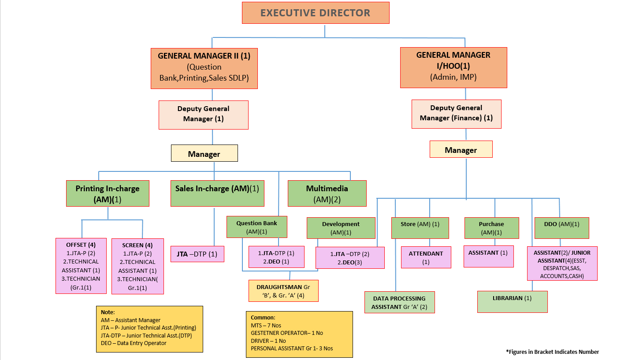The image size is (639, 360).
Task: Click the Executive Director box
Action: [316, 13]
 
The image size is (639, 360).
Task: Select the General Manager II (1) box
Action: [204, 68]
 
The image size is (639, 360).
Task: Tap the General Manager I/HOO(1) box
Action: [453, 67]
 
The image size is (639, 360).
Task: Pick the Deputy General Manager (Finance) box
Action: [456, 114]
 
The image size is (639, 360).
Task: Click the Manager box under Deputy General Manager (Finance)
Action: [461, 150]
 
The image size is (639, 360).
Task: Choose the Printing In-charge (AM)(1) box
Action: [108, 193]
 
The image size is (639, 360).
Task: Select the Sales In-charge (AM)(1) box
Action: [217, 193]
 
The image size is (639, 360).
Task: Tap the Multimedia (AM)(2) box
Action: [327, 193]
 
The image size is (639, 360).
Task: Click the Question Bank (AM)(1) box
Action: [257, 227]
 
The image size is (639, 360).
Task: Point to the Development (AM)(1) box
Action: [341, 228]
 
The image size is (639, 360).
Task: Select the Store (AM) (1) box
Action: [420, 228]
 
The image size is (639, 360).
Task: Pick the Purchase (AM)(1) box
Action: [491, 228]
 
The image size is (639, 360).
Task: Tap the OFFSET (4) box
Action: [81, 266]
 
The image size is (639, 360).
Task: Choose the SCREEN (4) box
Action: [137, 266]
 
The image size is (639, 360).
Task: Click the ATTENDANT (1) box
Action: [426, 257]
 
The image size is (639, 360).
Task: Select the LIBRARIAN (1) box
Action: [512, 302]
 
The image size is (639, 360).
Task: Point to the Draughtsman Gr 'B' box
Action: [283, 291]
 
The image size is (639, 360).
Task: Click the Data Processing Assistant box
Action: [399, 302]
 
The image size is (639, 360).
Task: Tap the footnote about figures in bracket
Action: [552, 352]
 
